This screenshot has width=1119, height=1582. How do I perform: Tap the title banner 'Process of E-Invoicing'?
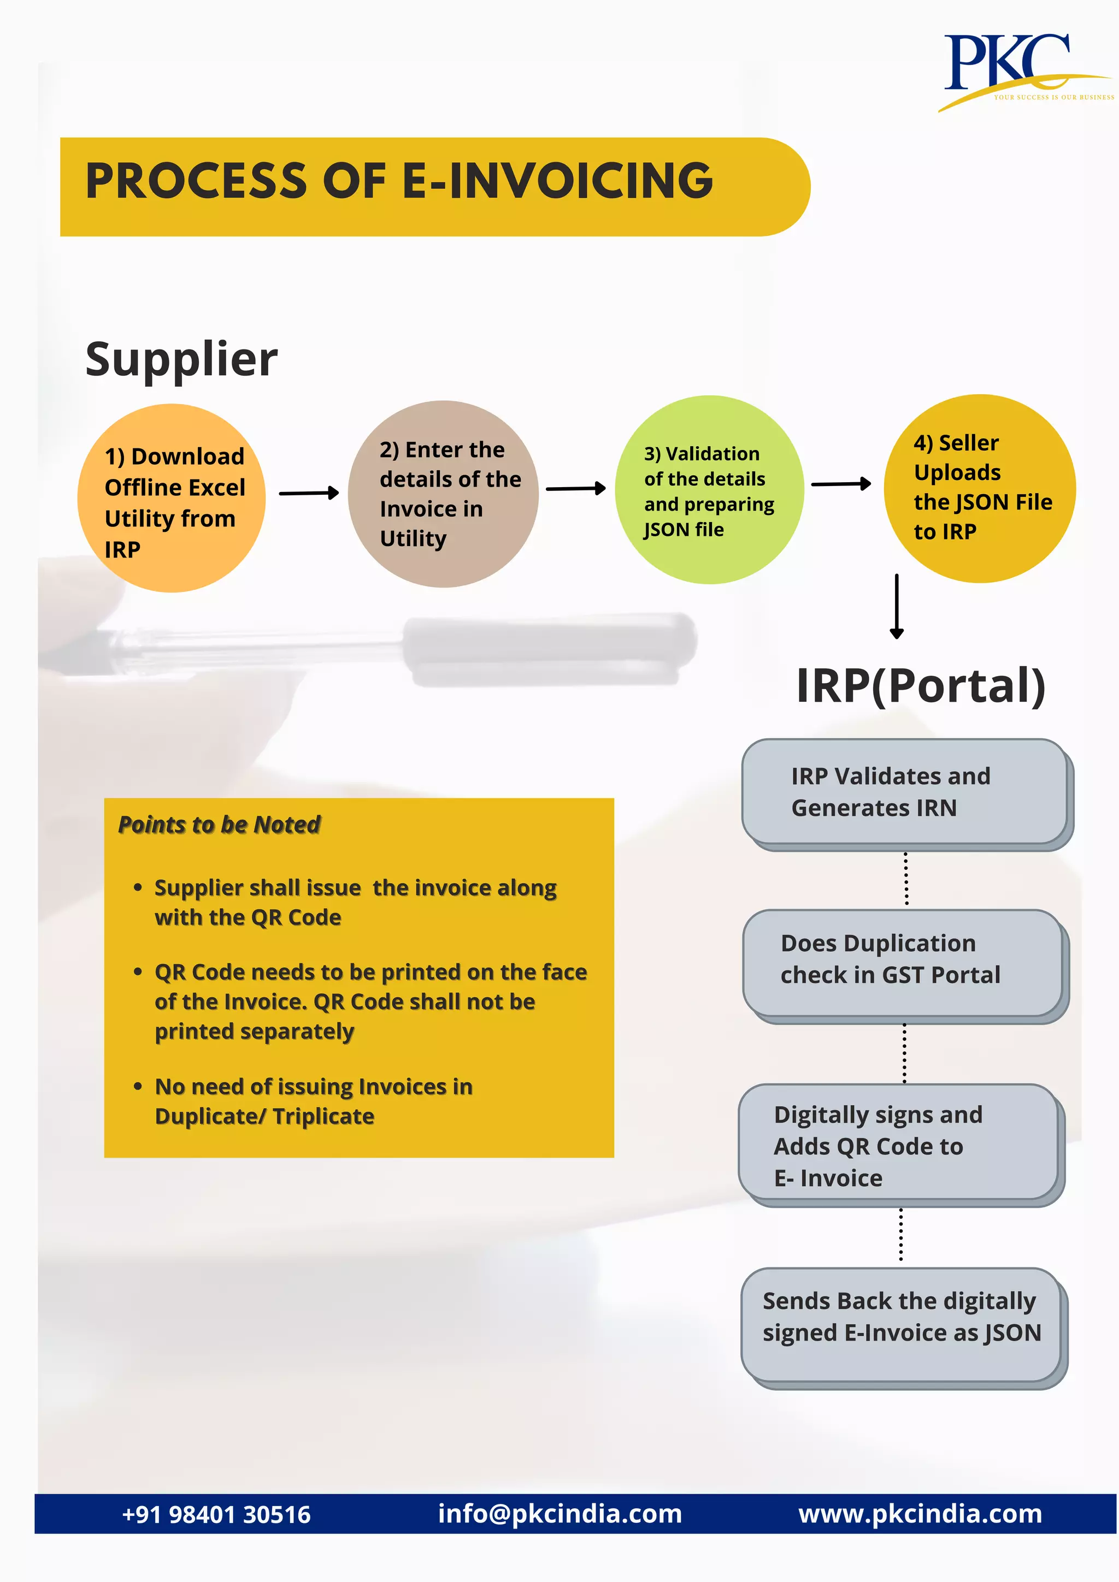[434, 187]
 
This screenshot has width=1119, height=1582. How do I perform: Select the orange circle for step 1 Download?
[172, 498]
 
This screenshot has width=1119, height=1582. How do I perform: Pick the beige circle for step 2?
[443, 494]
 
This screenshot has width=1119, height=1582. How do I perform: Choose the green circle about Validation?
[709, 490]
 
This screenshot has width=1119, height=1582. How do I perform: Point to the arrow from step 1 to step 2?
[308, 493]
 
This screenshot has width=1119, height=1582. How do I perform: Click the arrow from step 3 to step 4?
[841, 484]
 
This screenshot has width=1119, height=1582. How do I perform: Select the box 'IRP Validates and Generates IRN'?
[905, 792]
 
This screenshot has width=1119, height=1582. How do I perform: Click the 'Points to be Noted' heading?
[219, 825]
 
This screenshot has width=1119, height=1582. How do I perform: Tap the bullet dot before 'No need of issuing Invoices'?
[138, 1087]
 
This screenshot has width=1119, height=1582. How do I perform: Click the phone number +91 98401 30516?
[216, 1514]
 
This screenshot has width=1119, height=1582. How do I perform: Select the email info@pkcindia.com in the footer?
[560, 1514]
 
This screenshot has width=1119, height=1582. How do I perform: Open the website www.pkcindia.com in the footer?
[920, 1514]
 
